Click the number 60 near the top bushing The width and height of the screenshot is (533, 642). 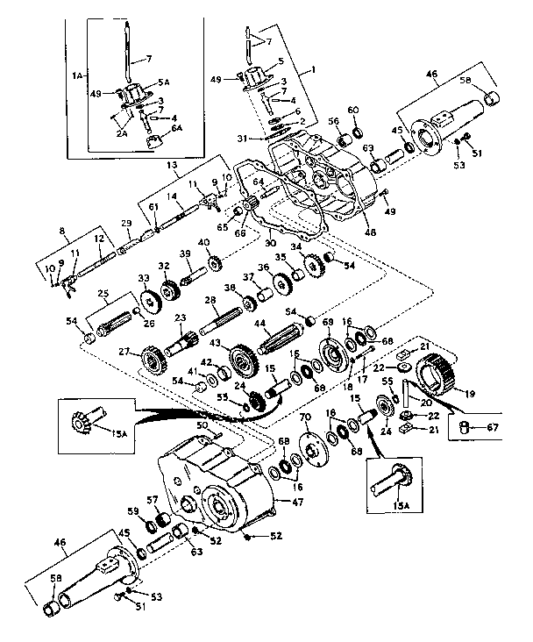pyautogui.click(x=353, y=110)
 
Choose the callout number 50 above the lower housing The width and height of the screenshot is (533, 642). pyautogui.click(x=203, y=424)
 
